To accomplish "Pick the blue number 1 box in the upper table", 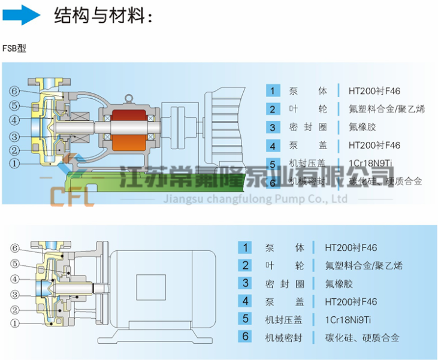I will click(272, 91).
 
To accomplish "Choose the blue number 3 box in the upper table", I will click(272, 127).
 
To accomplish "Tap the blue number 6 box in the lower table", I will click(245, 337).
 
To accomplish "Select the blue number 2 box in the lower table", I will click(245, 265).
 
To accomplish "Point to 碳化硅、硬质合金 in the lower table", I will click(361, 337).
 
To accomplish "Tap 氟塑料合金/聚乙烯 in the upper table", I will click(386, 109).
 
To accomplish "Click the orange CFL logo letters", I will click(71, 195).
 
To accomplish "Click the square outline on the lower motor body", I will click(150, 286).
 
